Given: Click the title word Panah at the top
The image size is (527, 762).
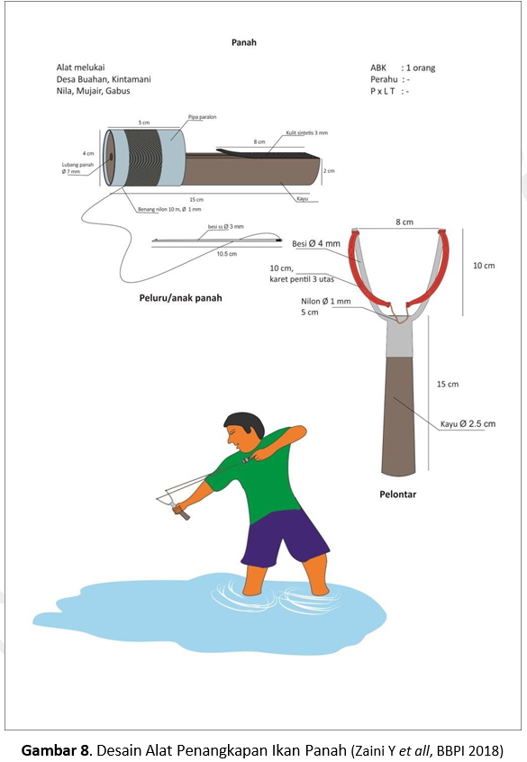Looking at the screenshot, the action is [x=243, y=42].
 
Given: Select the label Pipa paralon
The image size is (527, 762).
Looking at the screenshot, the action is [x=203, y=117].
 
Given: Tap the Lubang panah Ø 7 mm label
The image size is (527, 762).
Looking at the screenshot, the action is [x=77, y=168].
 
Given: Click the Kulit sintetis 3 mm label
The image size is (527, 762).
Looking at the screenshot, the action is [x=307, y=132].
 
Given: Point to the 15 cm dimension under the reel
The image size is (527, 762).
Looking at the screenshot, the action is [x=196, y=199].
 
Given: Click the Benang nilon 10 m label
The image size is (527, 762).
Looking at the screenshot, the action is [x=169, y=210].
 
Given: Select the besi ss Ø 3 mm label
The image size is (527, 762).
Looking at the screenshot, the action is [x=225, y=226].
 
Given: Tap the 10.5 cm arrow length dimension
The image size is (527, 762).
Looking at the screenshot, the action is [x=226, y=254].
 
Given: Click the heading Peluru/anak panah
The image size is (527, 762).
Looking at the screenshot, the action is [x=180, y=298].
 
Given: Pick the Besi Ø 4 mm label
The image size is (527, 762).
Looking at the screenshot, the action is [x=316, y=243].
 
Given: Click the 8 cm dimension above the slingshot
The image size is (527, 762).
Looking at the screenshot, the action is [x=404, y=222].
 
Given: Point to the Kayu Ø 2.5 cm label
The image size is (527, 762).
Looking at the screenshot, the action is [x=468, y=423].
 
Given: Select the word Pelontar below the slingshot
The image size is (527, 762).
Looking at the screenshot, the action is [x=397, y=494].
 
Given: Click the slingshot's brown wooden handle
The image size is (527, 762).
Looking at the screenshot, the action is [x=399, y=416].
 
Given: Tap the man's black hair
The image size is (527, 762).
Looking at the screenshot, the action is [x=246, y=422].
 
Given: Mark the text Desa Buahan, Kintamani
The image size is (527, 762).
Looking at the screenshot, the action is [x=104, y=79].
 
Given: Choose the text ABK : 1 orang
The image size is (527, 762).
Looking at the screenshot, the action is [x=403, y=68].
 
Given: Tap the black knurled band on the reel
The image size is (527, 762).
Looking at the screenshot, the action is [x=142, y=158].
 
